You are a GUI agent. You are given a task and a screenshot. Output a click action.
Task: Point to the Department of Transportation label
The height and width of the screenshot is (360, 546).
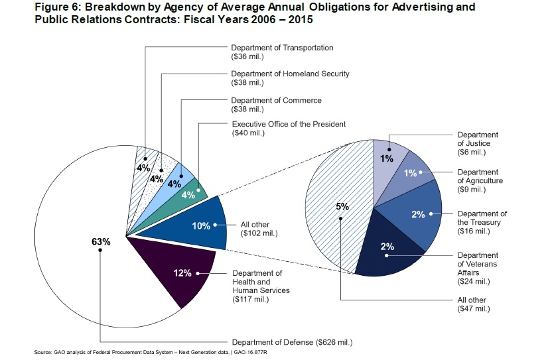tap(282, 52)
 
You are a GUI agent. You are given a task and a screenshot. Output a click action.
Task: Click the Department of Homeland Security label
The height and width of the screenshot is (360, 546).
tap(290, 78)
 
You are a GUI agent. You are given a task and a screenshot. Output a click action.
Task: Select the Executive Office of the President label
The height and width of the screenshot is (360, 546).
tap(289, 129)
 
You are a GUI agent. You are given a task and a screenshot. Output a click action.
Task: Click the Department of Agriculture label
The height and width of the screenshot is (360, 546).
tap(480, 180)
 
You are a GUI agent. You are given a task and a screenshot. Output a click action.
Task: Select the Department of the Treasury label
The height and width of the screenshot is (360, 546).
tap(482, 222)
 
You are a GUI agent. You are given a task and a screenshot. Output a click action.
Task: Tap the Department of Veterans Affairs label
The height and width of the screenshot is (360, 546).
tap(477, 268)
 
